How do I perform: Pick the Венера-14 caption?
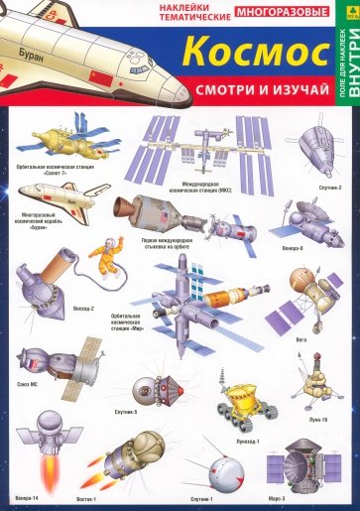(30, 500)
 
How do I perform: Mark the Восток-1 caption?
(104, 500)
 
